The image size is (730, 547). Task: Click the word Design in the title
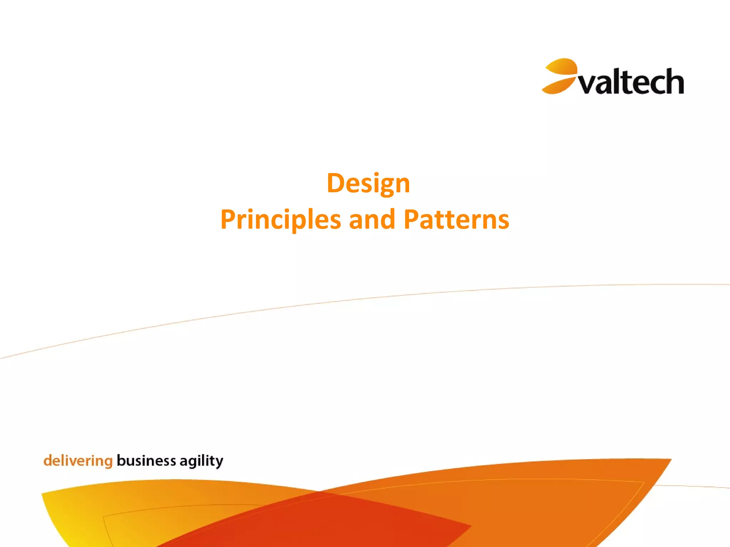coord(368,183)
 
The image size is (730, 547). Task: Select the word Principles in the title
coord(281,220)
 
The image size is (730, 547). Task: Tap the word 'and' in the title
coord(372,220)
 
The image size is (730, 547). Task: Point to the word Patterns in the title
coord(456,220)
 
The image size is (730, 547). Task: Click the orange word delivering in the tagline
coord(78,461)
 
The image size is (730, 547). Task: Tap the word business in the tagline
coord(146,461)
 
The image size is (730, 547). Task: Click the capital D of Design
coord(335,183)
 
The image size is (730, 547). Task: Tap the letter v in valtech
coord(586,85)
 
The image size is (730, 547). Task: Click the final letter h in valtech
coord(674,82)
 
